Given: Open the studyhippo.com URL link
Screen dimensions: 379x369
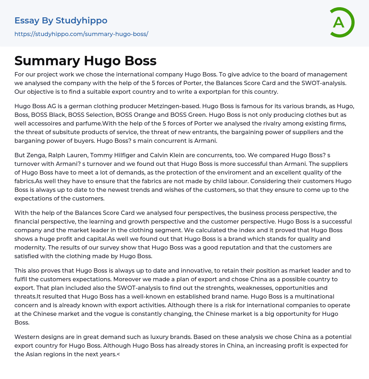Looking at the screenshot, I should [x=81, y=34].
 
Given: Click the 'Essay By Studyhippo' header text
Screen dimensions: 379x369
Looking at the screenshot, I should [x=61, y=21].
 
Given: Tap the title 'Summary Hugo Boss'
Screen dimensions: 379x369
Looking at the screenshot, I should [x=85, y=61].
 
